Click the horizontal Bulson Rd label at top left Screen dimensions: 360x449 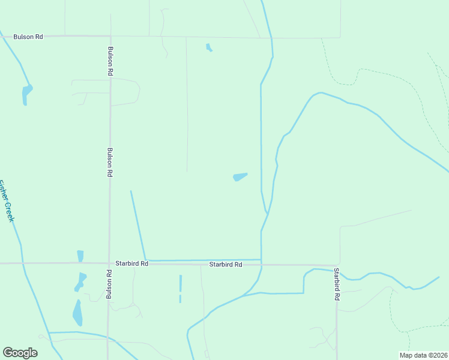[28, 37]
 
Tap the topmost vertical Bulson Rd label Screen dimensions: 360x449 [111, 61]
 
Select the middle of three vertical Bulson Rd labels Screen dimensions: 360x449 [110, 162]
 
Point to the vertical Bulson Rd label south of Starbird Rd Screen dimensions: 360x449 [109, 284]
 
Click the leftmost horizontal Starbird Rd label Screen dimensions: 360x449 [131, 263]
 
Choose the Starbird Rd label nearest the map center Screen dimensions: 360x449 [225, 264]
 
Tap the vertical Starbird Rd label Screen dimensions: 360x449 [337, 284]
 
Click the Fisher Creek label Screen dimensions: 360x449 [6, 201]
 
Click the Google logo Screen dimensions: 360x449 [20, 353]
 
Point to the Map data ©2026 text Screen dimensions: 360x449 [423, 355]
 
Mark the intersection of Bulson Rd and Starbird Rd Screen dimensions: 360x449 [109, 263]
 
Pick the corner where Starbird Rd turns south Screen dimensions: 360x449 [336, 265]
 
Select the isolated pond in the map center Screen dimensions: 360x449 [240, 176]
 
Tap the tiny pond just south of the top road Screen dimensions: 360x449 [208, 47]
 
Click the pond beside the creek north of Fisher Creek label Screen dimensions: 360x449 [26, 94]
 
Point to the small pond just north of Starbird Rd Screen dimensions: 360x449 [80, 256]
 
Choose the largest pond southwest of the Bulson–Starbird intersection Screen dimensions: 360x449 [77, 313]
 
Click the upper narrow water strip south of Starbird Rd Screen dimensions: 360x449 [180, 283]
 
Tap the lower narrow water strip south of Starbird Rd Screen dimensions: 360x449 [180, 298]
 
